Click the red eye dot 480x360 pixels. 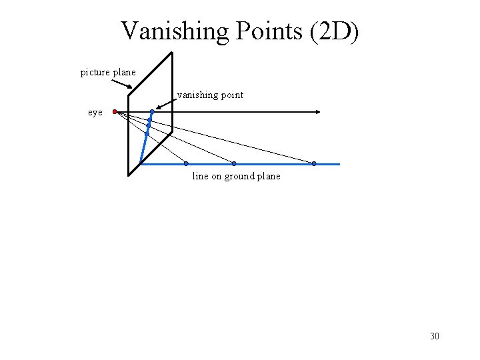[115, 111]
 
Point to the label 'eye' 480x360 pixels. [95, 113]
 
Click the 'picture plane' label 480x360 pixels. [108, 72]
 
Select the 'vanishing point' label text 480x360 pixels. [210, 95]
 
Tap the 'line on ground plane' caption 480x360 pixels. [236, 177]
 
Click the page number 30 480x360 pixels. [435, 337]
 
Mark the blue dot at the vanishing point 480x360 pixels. [152, 111]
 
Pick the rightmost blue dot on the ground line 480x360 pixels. [314, 163]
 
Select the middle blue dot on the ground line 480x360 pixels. [234, 163]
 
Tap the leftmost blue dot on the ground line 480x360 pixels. [186, 163]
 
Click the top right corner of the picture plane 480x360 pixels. [172, 53]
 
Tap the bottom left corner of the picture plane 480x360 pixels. [129, 175]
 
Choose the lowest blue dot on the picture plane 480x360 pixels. [147, 134]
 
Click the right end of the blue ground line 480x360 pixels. [339, 163]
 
